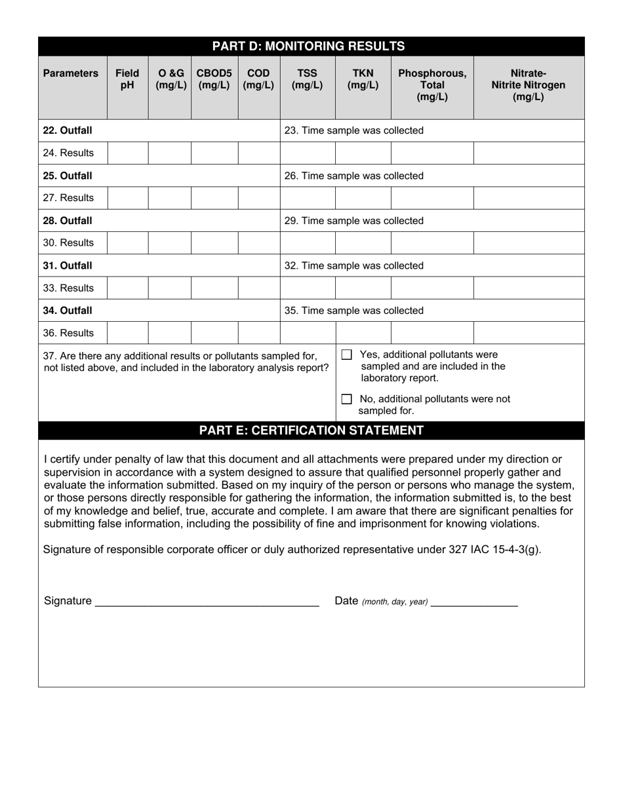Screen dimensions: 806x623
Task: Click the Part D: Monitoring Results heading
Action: click(311, 46)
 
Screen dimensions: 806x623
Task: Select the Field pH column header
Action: click(127, 79)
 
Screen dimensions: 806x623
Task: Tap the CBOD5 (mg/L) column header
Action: click(214, 79)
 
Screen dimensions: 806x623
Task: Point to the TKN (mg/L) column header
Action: click(363, 79)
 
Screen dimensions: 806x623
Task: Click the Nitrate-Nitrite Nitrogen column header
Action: click(528, 85)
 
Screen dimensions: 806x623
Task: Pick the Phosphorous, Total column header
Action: click(432, 85)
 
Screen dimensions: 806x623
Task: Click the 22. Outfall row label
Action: click(68, 130)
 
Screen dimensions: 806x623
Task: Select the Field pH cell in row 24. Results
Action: click(127, 153)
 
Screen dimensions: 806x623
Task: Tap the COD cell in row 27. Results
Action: click(258, 198)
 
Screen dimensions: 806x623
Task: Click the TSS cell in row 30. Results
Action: click(308, 243)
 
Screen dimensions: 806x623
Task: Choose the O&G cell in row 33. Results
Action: click(169, 288)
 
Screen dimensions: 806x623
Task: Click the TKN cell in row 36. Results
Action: click(363, 333)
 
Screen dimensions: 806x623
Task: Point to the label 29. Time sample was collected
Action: click(353, 221)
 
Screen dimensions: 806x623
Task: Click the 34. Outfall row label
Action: click(68, 311)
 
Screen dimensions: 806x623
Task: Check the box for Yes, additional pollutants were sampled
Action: click(347, 355)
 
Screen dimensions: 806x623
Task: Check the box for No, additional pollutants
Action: click(347, 399)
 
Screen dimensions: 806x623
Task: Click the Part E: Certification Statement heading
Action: click(311, 431)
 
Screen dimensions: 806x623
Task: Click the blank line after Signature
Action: click(207, 602)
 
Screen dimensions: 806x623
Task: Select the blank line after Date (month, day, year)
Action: click(474, 602)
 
